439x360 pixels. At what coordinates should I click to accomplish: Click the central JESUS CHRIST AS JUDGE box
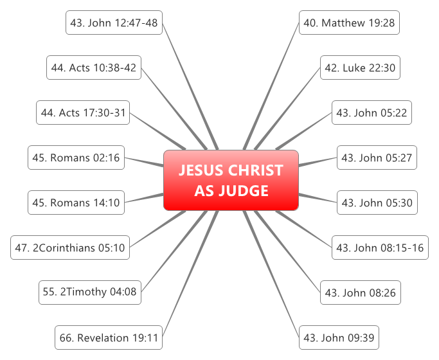click(231, 181)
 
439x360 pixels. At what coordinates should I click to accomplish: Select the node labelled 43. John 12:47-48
click(114, 23)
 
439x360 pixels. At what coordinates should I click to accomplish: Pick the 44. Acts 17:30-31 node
click(83, 113)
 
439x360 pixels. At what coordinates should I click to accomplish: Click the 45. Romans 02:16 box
click(76, 157)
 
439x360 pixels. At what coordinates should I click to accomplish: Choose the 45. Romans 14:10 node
click(76, 203)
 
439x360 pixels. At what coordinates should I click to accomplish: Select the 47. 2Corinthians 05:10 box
click(71, 248)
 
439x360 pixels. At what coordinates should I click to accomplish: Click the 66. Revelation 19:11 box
click(108, 337)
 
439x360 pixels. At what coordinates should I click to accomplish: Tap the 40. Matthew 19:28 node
click(350, 23)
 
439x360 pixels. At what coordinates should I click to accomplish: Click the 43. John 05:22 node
click(371, 113)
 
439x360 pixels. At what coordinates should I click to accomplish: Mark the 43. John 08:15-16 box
click(380, 248)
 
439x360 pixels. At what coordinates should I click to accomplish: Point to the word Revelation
click(102, 337)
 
